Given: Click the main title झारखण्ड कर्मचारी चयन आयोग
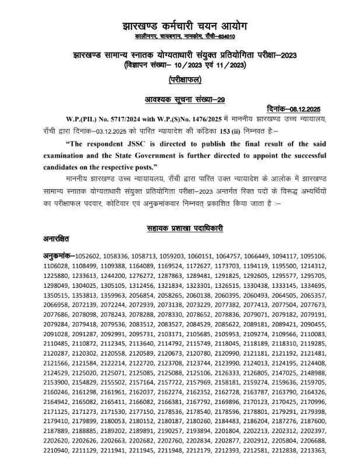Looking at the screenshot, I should pos(180,26).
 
